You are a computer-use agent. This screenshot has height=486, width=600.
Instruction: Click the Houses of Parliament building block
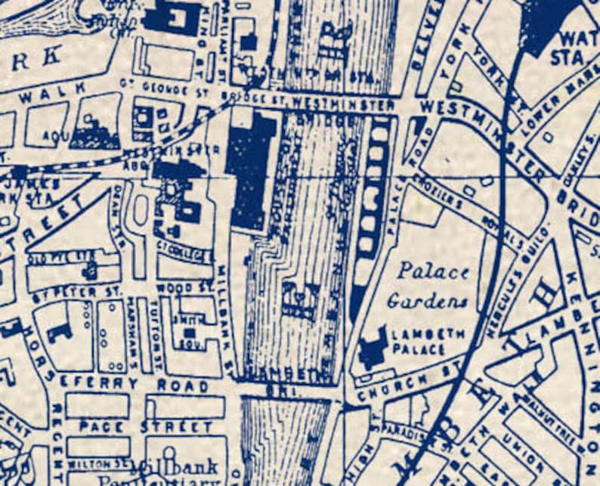(x=252, y=170)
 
